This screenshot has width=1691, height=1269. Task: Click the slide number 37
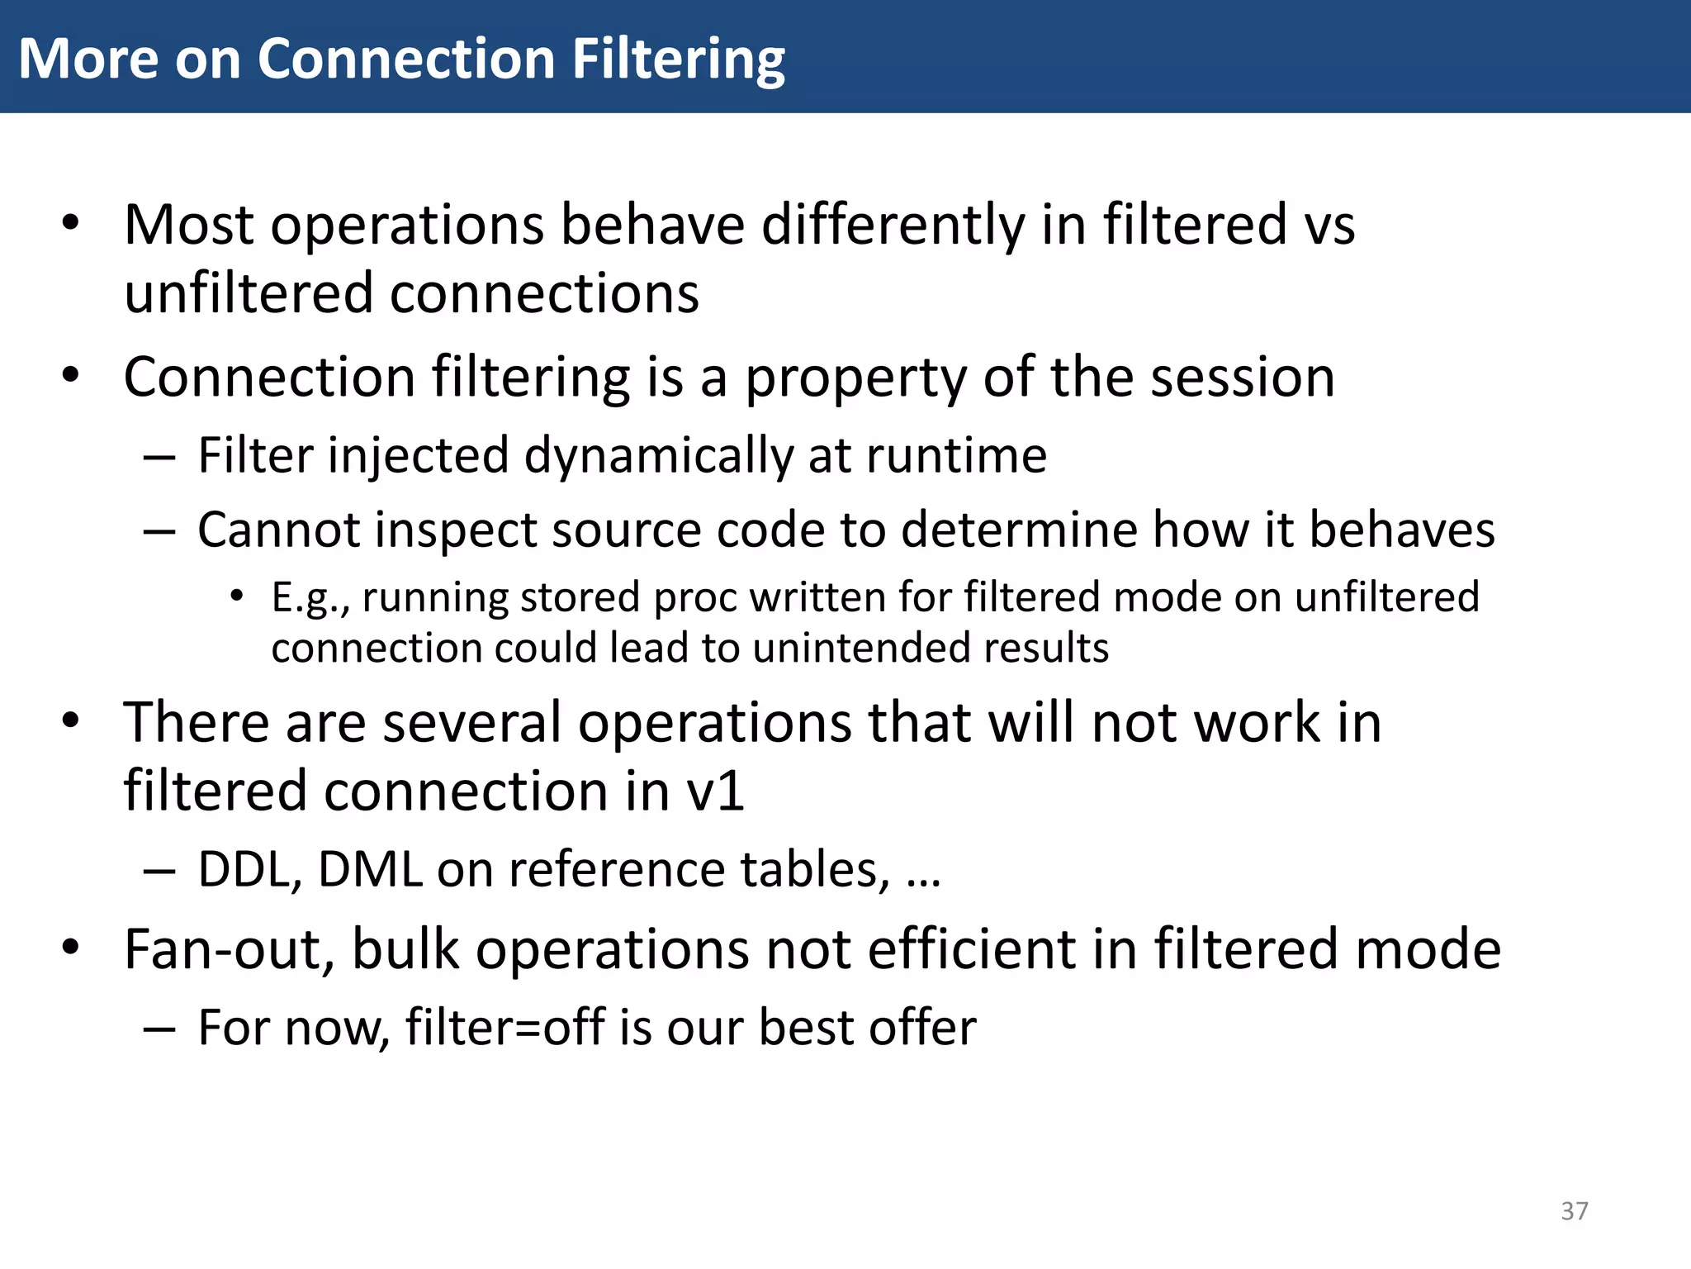tap(1575, 1211)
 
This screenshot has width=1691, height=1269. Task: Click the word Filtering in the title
tap(678, 59)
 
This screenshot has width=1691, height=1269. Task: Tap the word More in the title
tap(88, 59)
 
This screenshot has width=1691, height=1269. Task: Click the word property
tap(855, 378)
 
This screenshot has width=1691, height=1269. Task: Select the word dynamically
tap(658, 456)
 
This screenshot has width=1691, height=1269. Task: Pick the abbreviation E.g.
tap(309, 598)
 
